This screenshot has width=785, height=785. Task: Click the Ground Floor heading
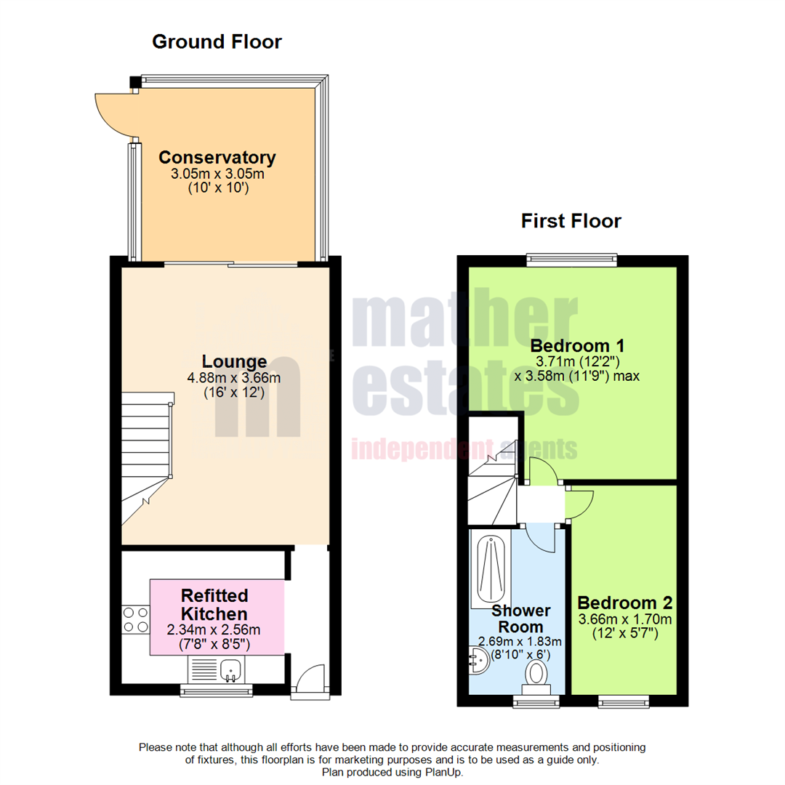(217, 42)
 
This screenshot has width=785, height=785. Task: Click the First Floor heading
(571, 221)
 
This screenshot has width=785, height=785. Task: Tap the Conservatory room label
(217, 157)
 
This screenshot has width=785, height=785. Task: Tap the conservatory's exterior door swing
(113, 113)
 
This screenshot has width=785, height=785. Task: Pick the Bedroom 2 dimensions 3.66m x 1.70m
(624, 619)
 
